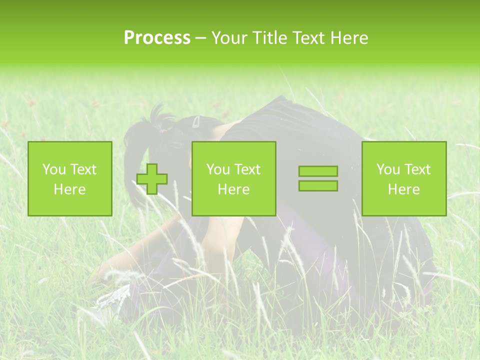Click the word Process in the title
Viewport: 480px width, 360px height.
click(x=157, y=38)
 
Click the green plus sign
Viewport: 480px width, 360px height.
click(x=152, y=179)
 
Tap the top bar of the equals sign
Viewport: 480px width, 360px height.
click(x=318, y=171)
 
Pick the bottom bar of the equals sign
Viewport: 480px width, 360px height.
click(x=318, y=186)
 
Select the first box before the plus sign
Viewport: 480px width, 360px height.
click(x=70, y=179)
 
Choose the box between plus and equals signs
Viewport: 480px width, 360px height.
click(x=234, y=179)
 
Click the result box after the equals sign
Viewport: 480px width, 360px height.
click(x=404, y=179)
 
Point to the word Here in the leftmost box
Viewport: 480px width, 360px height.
click(x=70, y=189)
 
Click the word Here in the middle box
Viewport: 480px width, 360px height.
click(x=234, y=189)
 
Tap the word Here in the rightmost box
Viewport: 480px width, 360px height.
click(x=404, y=189)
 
